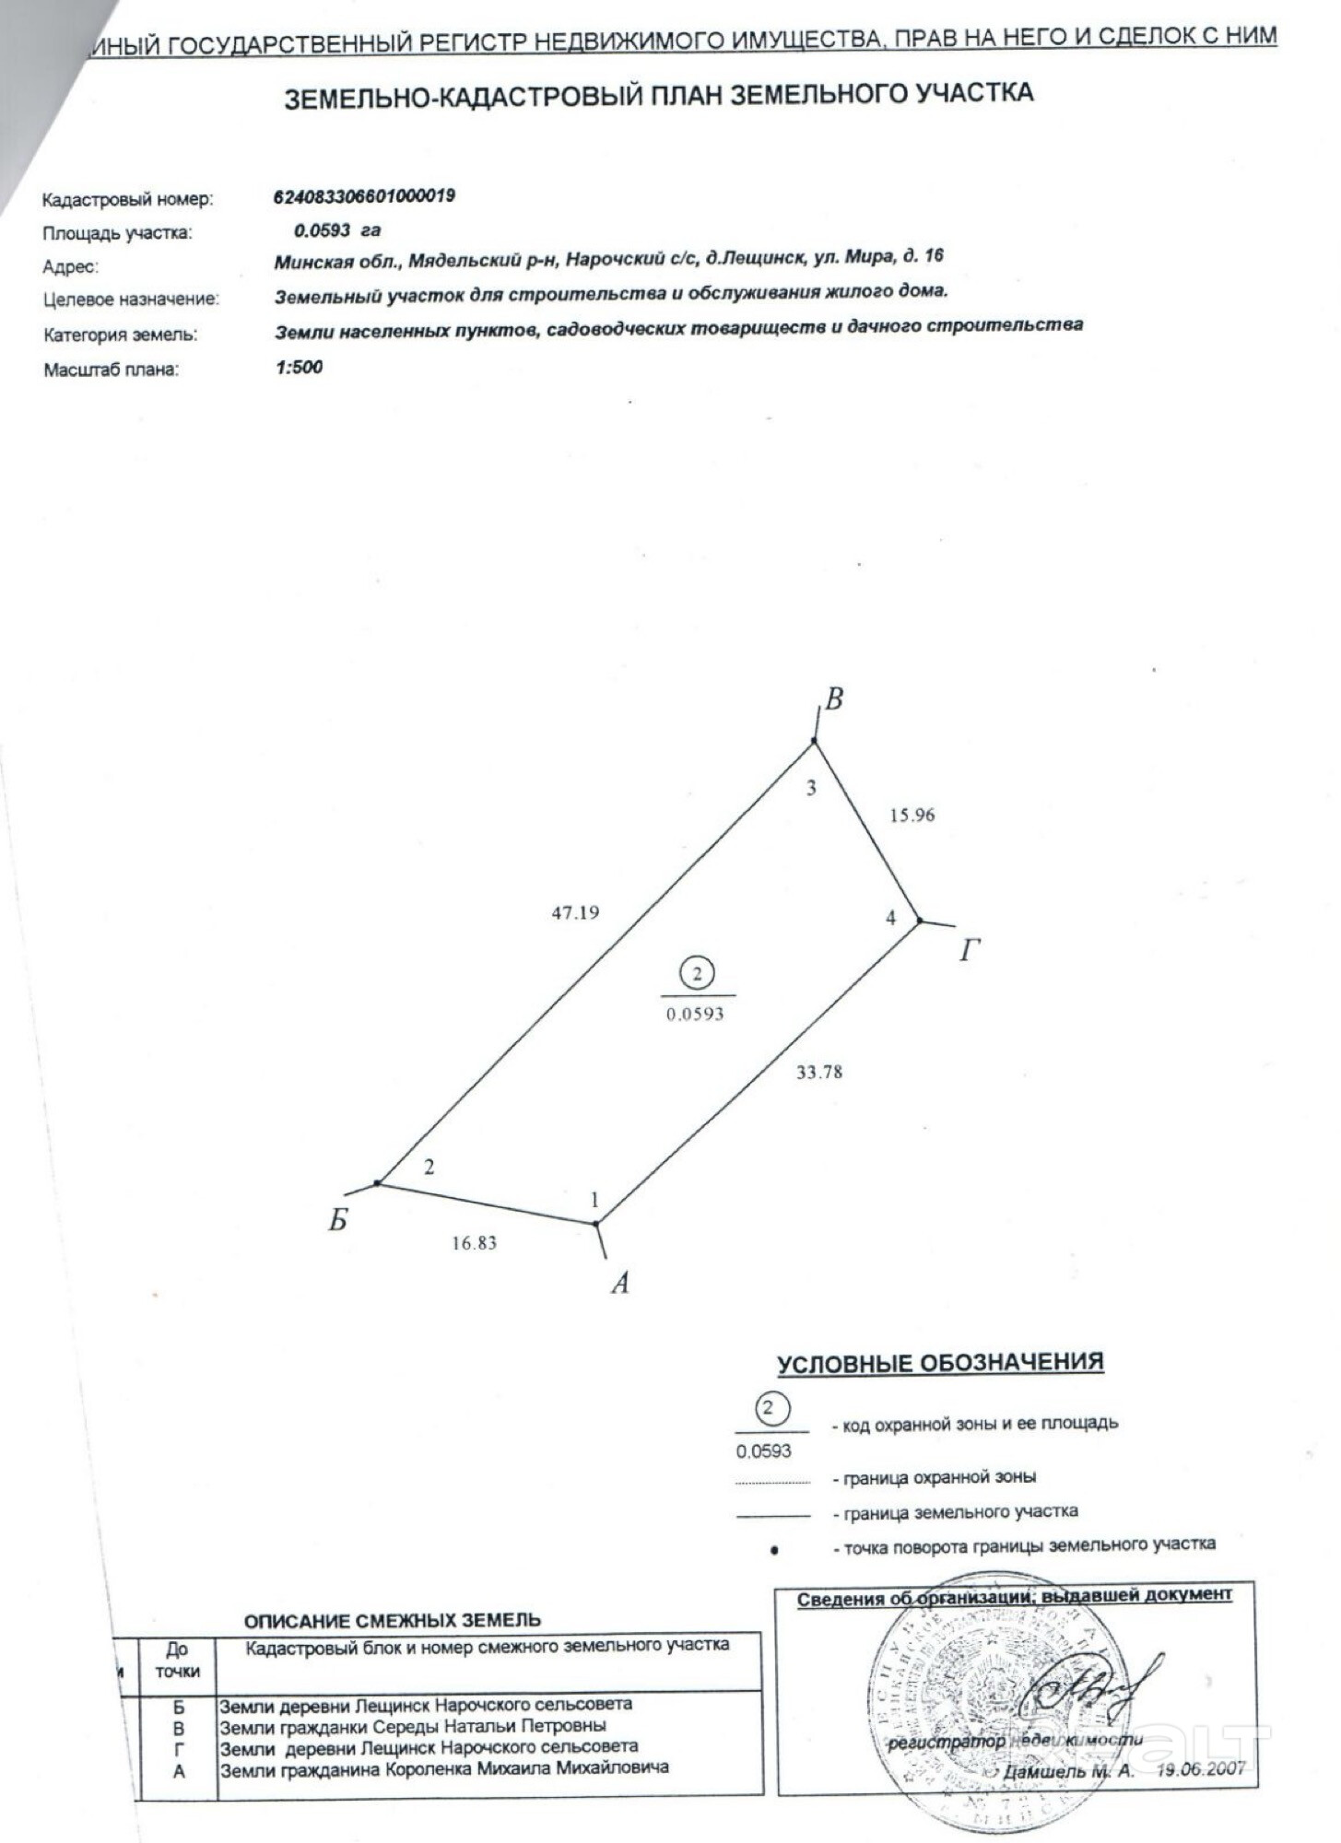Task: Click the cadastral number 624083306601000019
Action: [x=364, y=196]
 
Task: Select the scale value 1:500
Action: [x=299, y=367]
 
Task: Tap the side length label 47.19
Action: [x=575, y=912]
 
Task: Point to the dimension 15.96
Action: [x=912, y=815]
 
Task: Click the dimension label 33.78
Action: [x=818, y=1072]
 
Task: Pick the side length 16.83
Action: [x=474, y=1242]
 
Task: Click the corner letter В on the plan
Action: [x=833, y=700]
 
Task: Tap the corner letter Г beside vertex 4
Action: [x=968, y=950]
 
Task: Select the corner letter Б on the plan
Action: [x=338, y=1221]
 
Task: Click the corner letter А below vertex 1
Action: [x=620, y=1282]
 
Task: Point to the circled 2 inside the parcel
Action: [x=697, y=973]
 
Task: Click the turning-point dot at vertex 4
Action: [x=919, y=920]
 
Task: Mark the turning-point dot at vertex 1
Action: [x=596, y=1224]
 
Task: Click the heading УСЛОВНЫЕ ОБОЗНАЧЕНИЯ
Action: [x=939, y=1364]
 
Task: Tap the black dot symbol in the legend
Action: [x=774, y=1550]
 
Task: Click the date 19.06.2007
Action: [x=1201, y=1768]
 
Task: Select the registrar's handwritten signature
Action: [x=1097, y=1688]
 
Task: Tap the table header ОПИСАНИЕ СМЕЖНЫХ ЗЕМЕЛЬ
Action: [x=392, y=1620]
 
